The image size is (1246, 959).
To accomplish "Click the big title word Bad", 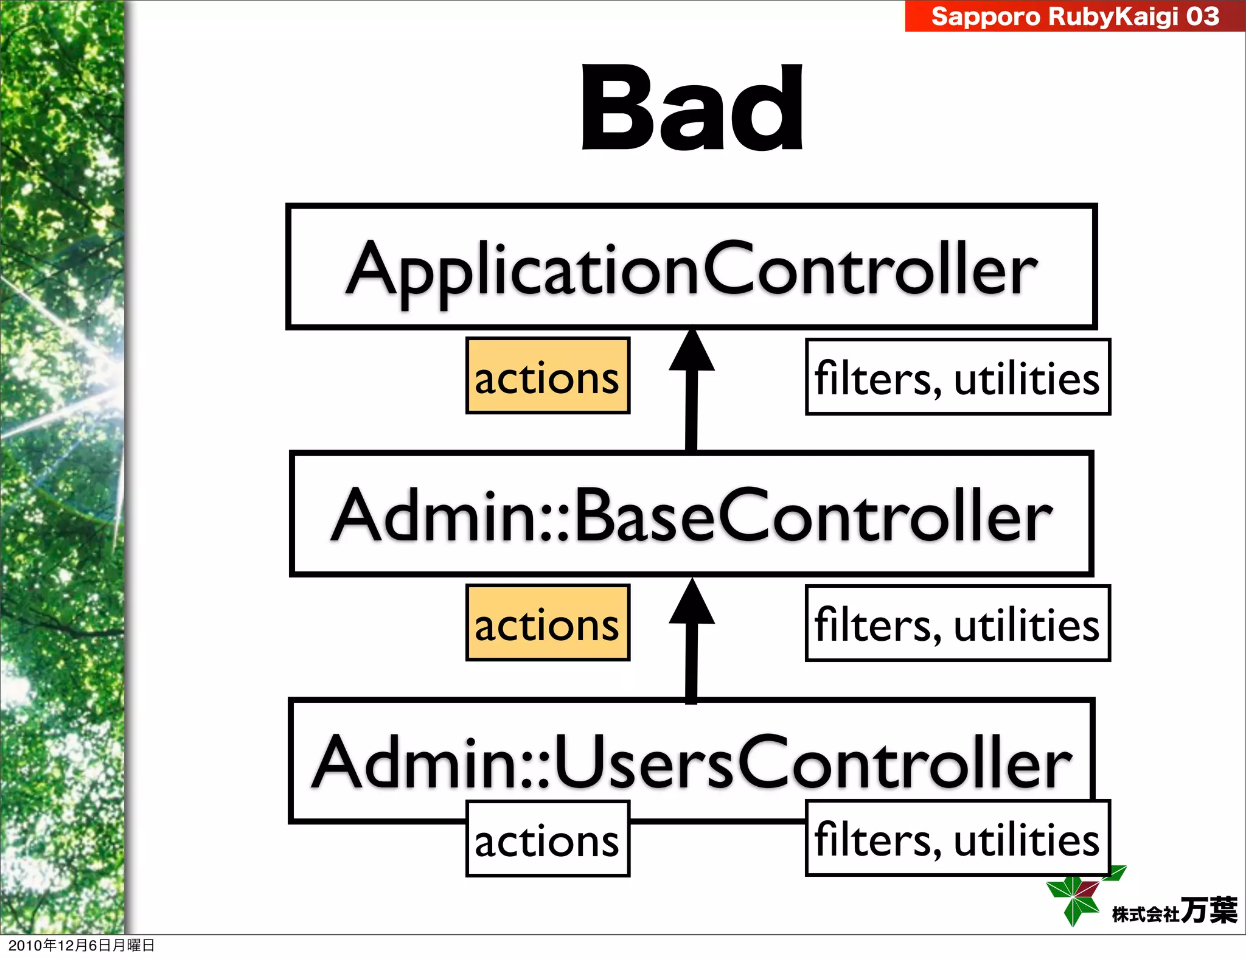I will click(692, 108).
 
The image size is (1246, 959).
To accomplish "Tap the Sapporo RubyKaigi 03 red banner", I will click(1074, 16).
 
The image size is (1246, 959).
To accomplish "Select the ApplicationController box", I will click(691, 267).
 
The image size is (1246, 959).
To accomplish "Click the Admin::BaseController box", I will click(691, 514).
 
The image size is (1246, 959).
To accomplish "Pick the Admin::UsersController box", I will click(691, 761).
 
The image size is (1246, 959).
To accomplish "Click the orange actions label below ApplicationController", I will click(547, 376).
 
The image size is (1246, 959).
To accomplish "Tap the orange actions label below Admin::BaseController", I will click(547, 623).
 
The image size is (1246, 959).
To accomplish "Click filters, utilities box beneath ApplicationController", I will click(957, 377).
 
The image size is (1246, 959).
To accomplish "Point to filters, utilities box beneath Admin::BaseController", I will click(957, 624).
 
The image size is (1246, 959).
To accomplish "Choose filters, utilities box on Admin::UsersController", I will click(957, 839).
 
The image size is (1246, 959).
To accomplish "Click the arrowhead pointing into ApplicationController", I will click(692, 352).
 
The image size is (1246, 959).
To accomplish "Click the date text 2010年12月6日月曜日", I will click(81, 945).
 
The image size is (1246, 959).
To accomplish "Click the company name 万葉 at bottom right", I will click(1208, 910).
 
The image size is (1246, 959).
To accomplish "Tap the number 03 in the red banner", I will click(1202, 16).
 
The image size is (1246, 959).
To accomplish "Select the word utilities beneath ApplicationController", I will click(1026, 378).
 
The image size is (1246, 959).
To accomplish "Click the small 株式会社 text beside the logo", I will click(1145, 914).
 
